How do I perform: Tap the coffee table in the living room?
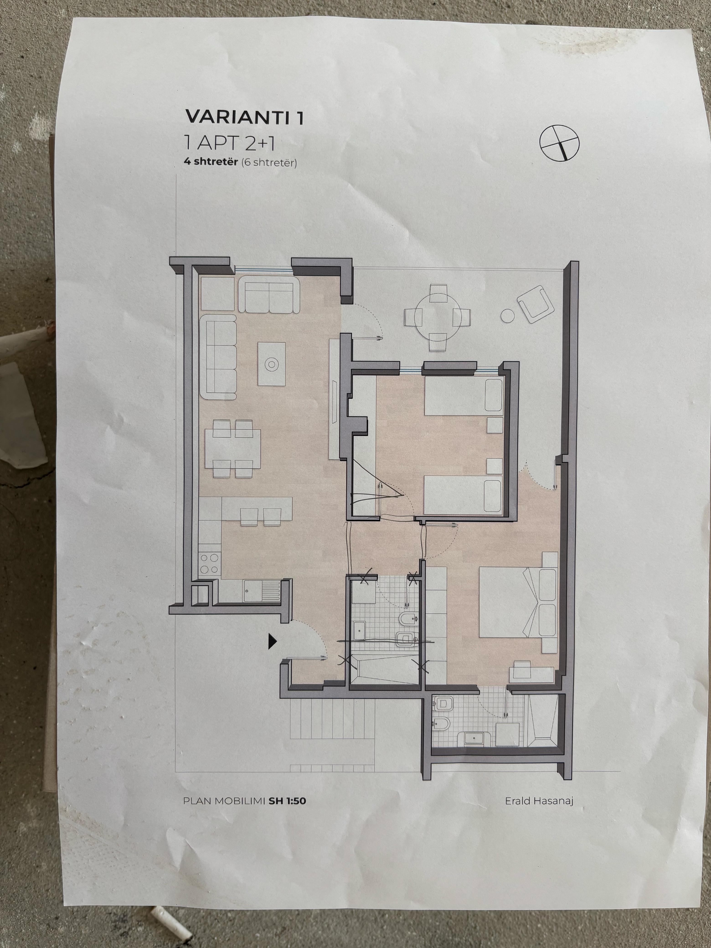coord(271,364)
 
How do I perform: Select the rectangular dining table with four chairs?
coord(233,448)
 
